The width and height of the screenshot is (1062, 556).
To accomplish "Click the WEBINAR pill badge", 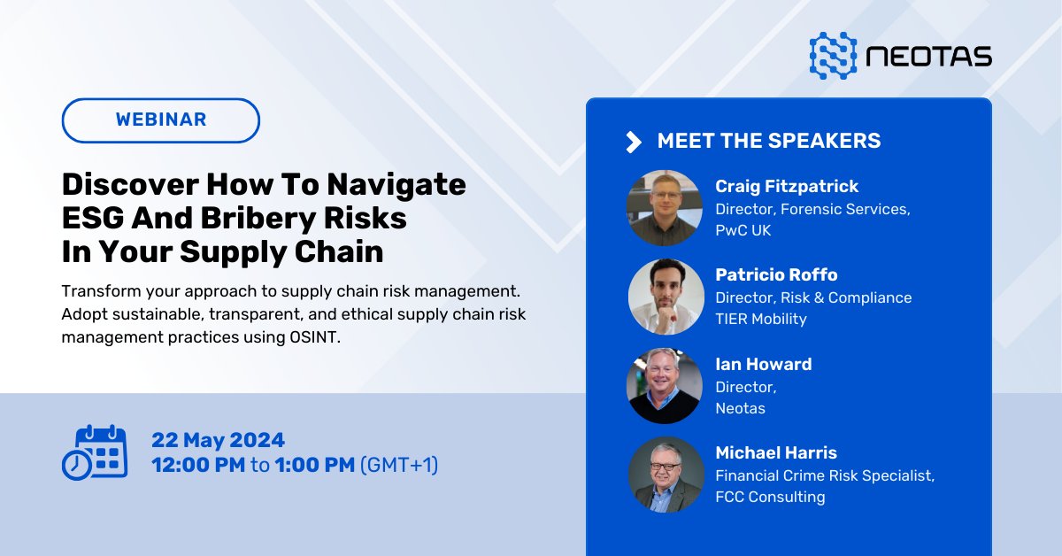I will point(161,120).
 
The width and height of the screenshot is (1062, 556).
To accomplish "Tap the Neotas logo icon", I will point(833,56).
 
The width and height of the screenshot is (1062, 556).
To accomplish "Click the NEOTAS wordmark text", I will point(929,58).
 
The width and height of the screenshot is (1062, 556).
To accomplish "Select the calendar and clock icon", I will point(95,452).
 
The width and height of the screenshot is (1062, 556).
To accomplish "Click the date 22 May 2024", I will point(218,440).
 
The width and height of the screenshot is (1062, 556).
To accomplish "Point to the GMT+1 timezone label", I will point(399,465).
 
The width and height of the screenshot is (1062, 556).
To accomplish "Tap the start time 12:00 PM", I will point(198,465).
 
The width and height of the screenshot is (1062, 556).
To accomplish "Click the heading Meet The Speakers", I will point(768,141).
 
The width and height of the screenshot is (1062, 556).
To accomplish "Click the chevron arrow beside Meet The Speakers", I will point(633,142).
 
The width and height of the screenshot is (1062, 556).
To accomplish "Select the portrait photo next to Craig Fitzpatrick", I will point(665,208).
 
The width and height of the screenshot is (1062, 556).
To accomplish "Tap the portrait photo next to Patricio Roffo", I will point(665,297).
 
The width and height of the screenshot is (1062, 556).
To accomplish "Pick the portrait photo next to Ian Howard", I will point(665,386).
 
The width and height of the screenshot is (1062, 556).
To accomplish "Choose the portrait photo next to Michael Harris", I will point(665,475).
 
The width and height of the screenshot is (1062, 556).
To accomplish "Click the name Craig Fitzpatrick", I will point(787,187).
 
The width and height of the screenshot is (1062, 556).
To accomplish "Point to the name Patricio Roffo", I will point(776,275).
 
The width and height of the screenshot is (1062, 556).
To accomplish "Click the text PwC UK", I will point(744,230).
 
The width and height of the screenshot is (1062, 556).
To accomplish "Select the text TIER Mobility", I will point(761,319).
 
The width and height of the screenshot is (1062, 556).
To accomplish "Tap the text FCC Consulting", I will point(770,497).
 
